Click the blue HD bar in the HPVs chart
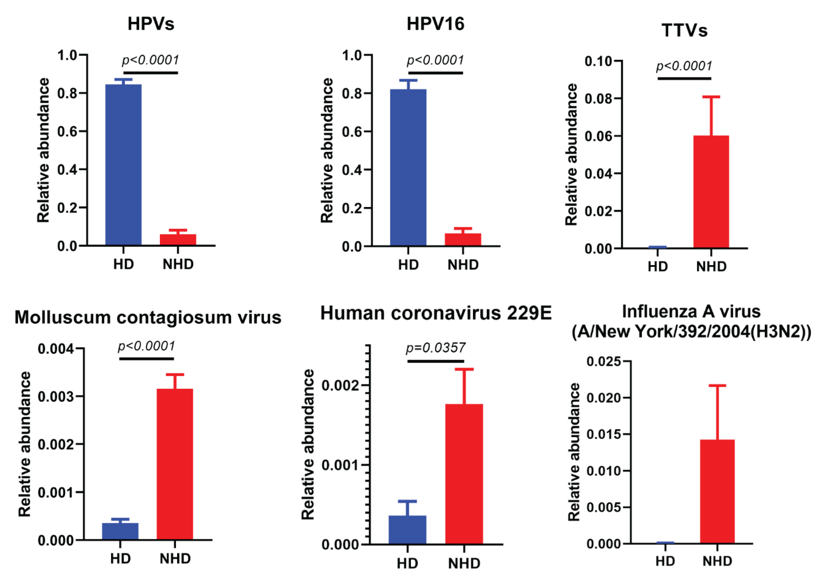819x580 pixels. [123, 164]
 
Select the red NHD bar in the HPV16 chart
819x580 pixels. [463, 239]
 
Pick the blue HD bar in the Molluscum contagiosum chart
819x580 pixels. [120, 531]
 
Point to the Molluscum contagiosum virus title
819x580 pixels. [148, 317]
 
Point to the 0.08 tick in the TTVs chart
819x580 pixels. [598, 98]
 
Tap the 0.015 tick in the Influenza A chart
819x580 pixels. [603, 434]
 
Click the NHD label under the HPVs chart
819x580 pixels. [178, 264]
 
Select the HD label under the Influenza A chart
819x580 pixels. [665, 561]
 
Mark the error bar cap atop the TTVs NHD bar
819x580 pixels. [711, 97]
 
